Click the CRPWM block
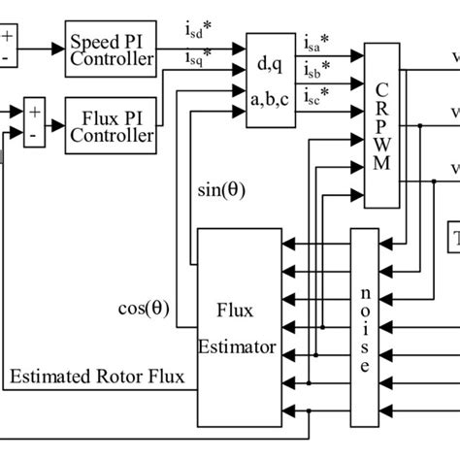[380, 124]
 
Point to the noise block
[364, 328]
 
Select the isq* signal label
[194, 59]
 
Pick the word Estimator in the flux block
[238, 345]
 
